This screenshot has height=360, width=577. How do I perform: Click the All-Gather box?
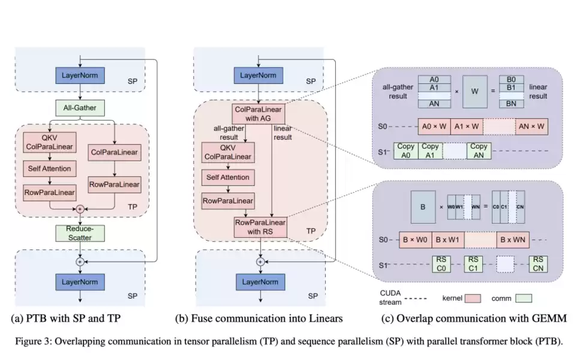(x=80, y=108)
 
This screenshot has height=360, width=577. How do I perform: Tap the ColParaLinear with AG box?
(x=260, y=113)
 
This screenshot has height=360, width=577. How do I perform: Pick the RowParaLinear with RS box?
(x=260, y=227)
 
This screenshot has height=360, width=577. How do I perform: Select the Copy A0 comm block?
(x=405, y=150)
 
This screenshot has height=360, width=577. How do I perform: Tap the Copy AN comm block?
(x=478, y=150)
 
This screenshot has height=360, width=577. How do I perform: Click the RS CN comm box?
(x=537, y=264)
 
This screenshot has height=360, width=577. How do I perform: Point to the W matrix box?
(x=474, y=91)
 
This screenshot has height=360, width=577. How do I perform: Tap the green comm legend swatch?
(x=524, y=297)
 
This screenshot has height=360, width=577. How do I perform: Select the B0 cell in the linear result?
(x=515, y=79)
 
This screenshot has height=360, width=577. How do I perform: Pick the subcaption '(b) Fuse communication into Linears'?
(x=258, y=318)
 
